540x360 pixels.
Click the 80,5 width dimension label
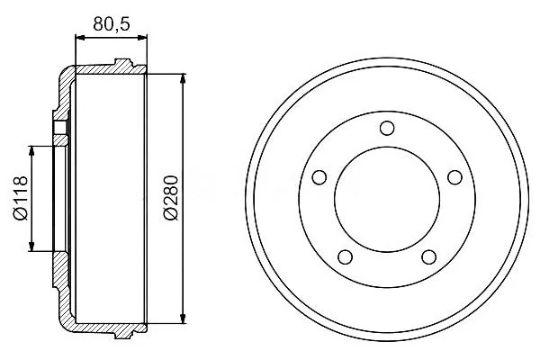[112, 23]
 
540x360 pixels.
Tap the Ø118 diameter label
[21, 198]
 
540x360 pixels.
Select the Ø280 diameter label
[171, 198]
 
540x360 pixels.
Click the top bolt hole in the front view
[387, 128]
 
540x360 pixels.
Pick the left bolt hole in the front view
[319, 177]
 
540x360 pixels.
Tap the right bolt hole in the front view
[454, 177]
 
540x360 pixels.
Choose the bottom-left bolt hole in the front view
[345, 257]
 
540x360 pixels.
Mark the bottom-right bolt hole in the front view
[428, 257]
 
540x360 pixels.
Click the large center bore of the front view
[387, 200]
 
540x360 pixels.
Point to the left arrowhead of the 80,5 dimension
[79, 38]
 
